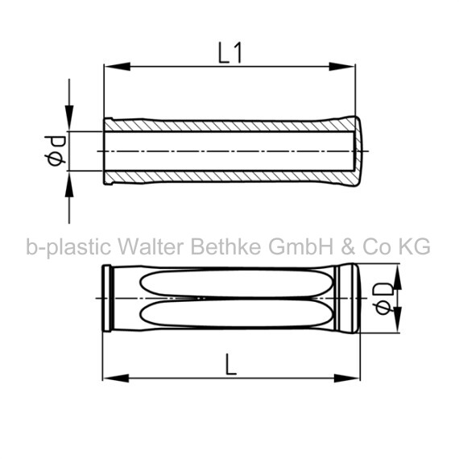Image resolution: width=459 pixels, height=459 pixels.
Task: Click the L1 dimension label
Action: (230, 54)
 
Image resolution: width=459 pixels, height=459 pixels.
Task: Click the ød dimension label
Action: (55, 150)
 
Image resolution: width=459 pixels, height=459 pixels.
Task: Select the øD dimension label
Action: (382, 298)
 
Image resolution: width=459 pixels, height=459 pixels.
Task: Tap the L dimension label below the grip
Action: (230, 365)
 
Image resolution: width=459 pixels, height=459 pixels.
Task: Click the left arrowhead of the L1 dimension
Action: (118, 67)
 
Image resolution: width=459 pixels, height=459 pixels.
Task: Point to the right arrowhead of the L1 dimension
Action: (341, 67)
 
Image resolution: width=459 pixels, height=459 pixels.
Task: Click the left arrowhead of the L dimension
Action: (116, 378)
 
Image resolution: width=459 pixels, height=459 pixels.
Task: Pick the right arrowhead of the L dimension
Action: (347, 378)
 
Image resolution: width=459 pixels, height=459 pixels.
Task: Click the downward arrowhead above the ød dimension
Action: (69, 118)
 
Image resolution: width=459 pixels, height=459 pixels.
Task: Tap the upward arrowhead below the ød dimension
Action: (69, 184)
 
